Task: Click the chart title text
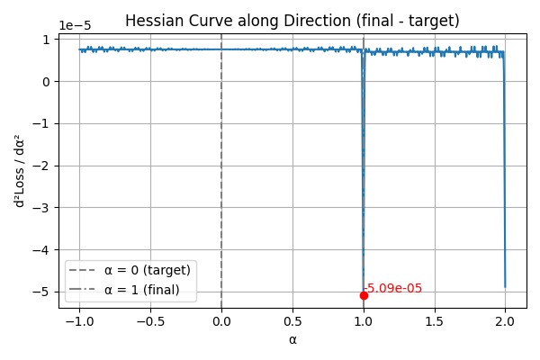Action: (292, 21)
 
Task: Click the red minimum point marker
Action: (364, 295)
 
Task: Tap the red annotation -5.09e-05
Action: (392, 288)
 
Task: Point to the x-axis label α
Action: (292, 340)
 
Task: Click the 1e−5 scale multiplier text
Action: (75, 25)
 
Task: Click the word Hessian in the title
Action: (150, 21)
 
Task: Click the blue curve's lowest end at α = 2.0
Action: (505, 287)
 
